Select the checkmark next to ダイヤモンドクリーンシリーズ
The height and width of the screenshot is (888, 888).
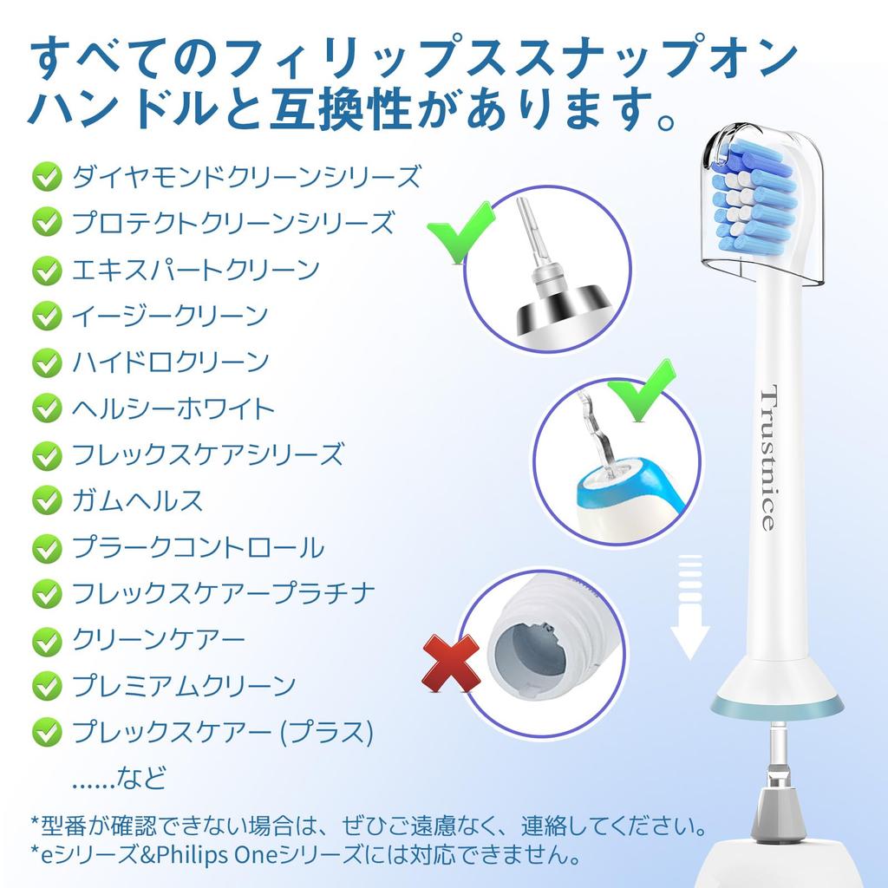coord(46,177)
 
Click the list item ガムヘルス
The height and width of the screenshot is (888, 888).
coord(138,500)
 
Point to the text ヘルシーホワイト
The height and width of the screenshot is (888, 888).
coord(173,408)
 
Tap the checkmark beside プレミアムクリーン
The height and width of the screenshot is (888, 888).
coord(46,687)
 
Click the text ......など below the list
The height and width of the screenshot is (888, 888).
coord(118,777)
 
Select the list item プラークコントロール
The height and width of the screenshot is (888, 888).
coord(198,547)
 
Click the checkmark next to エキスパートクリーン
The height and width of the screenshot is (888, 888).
coord(46,270)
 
